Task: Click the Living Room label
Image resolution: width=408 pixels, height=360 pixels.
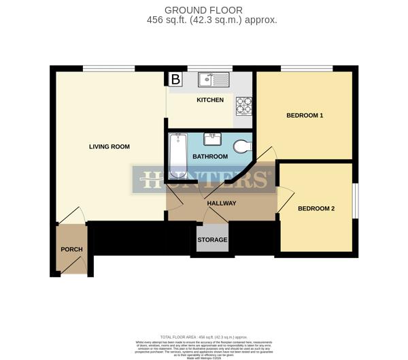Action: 109,146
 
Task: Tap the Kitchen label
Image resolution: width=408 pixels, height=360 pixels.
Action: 210,100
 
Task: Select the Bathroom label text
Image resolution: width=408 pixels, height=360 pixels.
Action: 210,157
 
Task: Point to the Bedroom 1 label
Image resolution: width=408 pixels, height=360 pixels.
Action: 304,115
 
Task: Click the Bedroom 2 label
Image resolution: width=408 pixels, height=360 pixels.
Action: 316,208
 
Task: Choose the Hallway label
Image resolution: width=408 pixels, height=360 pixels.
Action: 222,203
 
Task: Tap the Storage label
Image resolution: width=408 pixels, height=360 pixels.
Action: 212,240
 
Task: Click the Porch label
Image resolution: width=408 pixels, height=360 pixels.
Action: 71,249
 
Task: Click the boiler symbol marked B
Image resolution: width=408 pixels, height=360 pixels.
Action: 175,80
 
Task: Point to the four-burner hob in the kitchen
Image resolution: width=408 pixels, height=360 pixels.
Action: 244,105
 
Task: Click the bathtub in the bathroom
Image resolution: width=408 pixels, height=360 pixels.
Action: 177,152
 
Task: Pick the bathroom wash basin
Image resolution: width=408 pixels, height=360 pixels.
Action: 212,140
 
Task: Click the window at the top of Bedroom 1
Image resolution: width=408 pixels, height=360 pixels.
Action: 307,68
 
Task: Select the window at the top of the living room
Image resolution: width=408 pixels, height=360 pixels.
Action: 108,68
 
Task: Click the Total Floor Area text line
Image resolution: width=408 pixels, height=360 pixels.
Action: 203,336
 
